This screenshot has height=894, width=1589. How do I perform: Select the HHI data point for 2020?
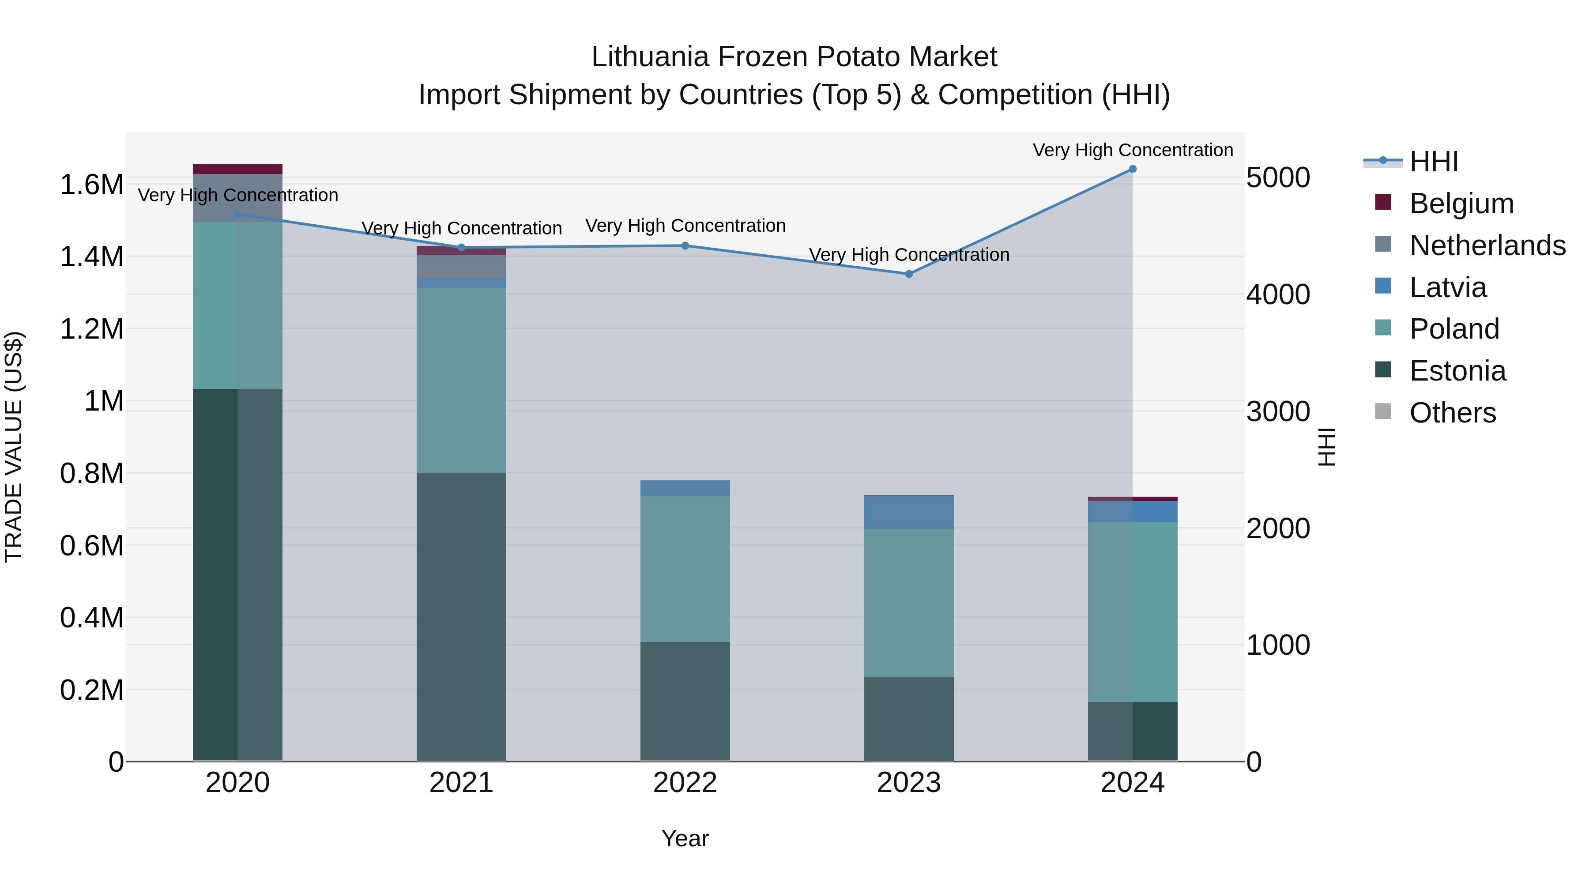click(x=237, y=214)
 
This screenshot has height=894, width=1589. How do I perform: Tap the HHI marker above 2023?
click(x=909, y=274)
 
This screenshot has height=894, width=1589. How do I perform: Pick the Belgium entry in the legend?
click(x=1461, y=204)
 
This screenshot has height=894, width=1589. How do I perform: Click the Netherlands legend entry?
click(x=1487, y=245)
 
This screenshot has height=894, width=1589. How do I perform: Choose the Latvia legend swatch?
click(x=1384, y=286)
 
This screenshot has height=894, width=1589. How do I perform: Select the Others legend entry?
click(x=1453, y=413)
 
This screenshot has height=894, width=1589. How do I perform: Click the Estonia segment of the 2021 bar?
click(x=461, y=617)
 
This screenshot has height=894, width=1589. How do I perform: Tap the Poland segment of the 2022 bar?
click(x=685, y=569)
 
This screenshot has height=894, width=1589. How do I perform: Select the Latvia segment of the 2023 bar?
click(x=909, y=513)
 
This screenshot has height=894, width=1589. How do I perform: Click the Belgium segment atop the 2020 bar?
click(x=237, y=169)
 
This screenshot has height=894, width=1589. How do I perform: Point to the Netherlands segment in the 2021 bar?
click(x=461, y=267)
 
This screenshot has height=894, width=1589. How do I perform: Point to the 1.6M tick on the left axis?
click(x=91, y=185)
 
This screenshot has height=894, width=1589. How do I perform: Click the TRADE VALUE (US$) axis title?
click(x=14, y=447)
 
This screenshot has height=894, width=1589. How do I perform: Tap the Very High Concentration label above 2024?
click(x=1133, y=150)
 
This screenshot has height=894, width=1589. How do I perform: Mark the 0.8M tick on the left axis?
click(x=91, y=474)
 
